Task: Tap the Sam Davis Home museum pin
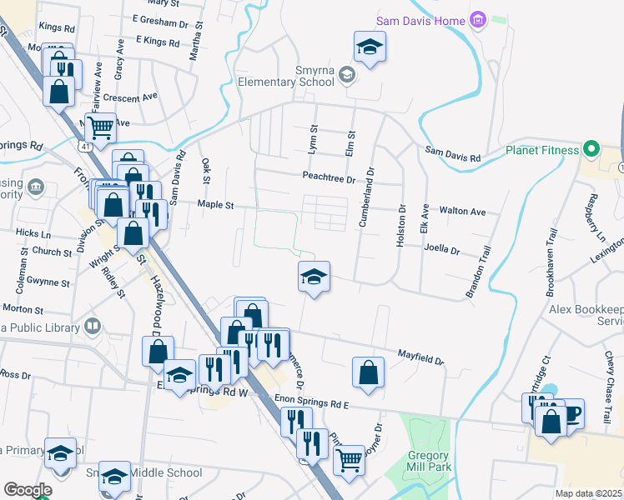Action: pyautogui.click(x=478, y=19)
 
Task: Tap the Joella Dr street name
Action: pyautogui.click(x=443, y=247)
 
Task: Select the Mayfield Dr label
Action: pyautogui.click(x=420, y=356)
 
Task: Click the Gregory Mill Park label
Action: pyautogui.click(x=429, y=461)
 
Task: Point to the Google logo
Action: pyautogui.click(x=27, y=490)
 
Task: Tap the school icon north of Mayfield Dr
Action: pyautogui.click(x=314, y=276)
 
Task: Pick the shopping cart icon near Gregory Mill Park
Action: pyautogui.click(x=349, y=458)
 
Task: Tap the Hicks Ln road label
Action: pyautogui.click(x=33, y=235)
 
